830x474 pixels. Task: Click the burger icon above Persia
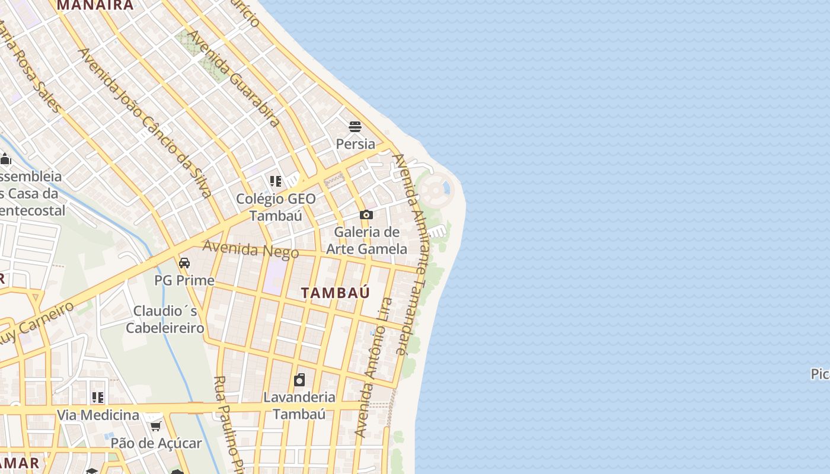coord(355,126)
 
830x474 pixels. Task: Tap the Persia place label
coord(355,144)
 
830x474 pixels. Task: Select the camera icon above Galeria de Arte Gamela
coord(366,214)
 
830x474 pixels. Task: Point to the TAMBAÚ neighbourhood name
coord(336,293)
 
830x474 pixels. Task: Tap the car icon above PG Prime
coord(184,262)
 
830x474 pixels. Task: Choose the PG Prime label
coord(184,280)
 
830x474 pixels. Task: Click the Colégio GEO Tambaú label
coord(276,207)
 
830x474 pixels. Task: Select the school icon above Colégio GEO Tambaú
coord(275,181)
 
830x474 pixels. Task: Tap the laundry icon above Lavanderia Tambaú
coord(299,379)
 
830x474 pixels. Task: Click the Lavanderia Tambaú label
coord(299,405)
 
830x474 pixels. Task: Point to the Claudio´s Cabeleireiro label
coord(165,319)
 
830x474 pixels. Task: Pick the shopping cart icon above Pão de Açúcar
coord(156,425)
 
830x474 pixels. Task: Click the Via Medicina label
coord(98,415)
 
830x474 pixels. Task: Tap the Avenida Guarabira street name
coord(234,78)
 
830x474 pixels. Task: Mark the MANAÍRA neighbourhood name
coord(95,5)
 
